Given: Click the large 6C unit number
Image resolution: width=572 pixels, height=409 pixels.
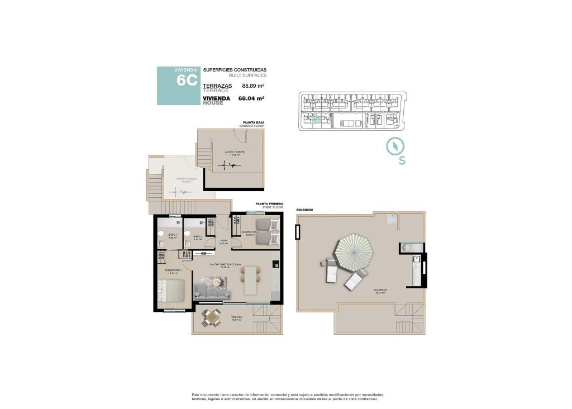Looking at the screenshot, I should pyautogui.click(x=186, y=80).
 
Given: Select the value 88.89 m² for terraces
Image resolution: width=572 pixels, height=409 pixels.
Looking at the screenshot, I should pyautogui.click(x=252, y=86).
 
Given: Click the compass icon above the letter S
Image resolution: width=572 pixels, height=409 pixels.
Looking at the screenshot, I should pyautogui.click(x=395, y=146).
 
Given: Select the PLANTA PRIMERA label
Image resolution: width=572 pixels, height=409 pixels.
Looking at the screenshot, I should pyautogui.click(x=269, y=204).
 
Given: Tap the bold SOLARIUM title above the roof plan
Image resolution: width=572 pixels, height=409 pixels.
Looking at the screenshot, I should pyautogui.click(x=304, y=210).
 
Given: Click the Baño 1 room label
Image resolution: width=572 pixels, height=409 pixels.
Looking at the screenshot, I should pyautogui.click(x=173, y=235).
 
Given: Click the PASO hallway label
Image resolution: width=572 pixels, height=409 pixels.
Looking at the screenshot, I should pyautogui.click(x=222, y=241).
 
